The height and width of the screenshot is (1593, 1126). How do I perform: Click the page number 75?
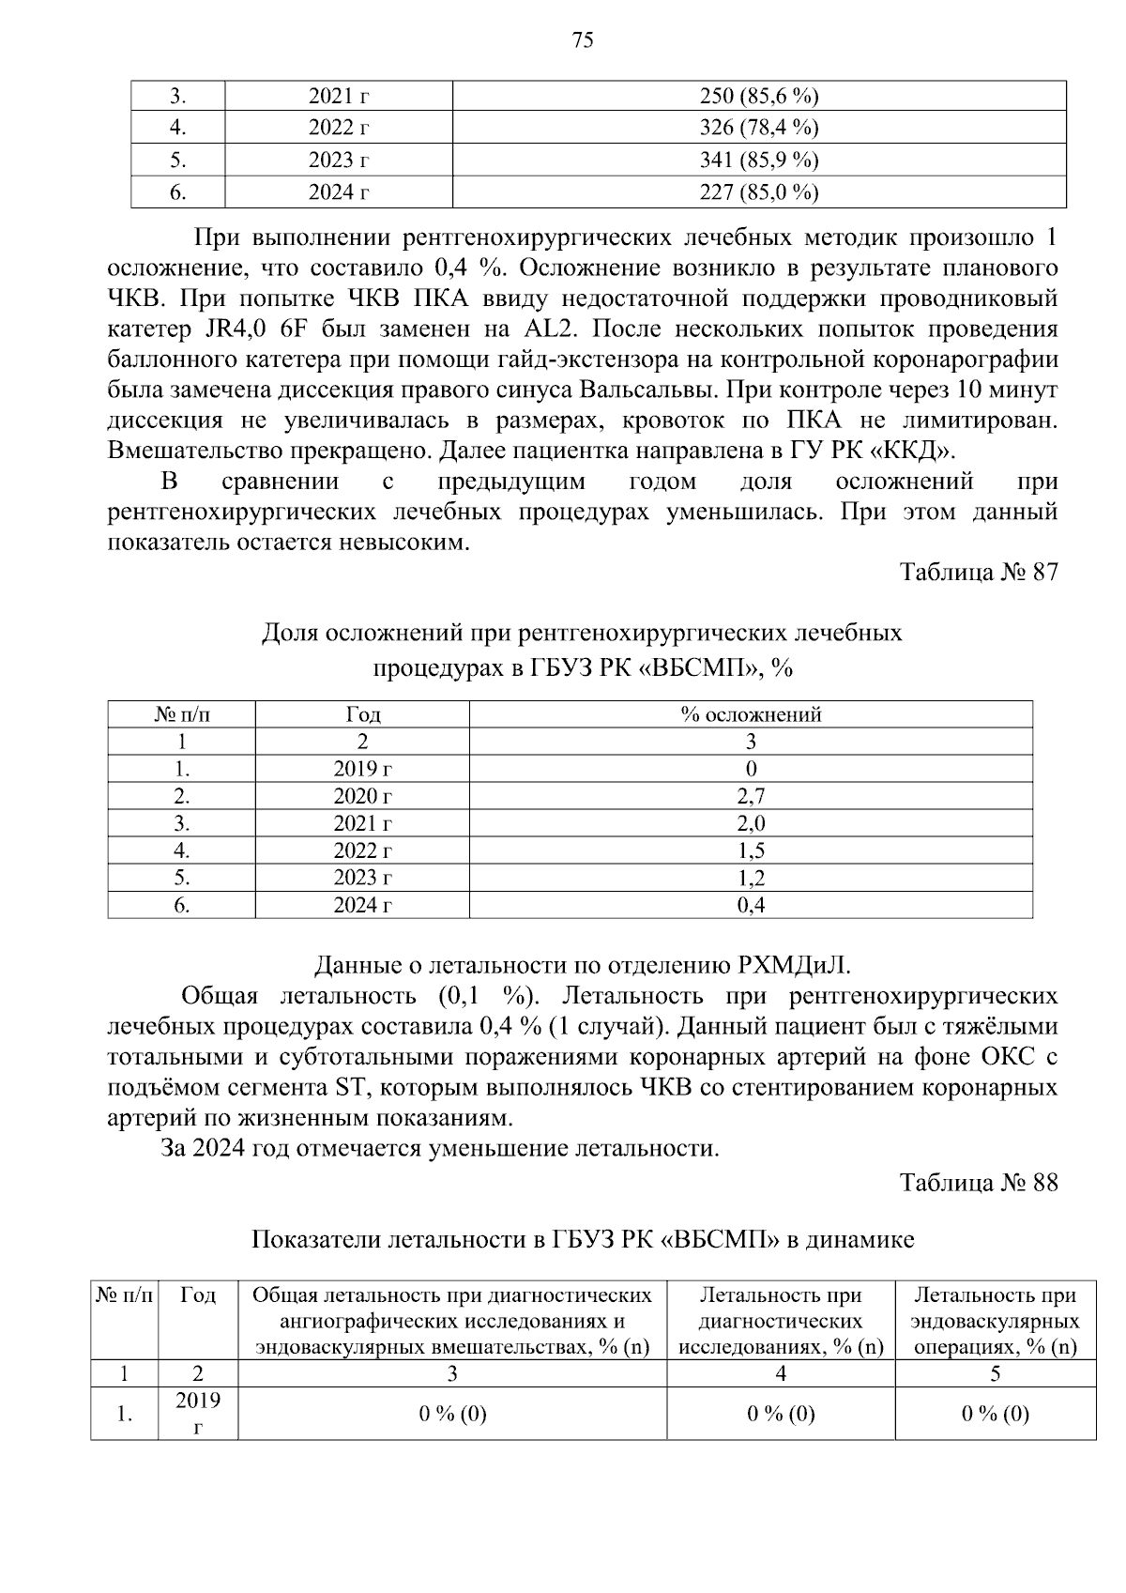[x=582, y=39]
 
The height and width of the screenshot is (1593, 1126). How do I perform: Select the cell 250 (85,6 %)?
[x=759, y=97]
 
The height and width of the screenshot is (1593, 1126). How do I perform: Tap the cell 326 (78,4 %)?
[x=759, y=129]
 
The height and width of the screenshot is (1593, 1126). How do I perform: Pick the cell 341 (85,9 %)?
[x=759, y=161]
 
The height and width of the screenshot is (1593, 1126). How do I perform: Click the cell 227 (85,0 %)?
[x=759, y=192]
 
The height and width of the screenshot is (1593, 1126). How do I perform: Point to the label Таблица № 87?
[x=979, y=573]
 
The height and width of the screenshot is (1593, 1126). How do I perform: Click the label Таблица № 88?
[x=979, y=1183]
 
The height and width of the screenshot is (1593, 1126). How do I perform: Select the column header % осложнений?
[x=751, y=714]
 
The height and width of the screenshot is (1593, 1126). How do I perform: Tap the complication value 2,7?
[x=751, y=796]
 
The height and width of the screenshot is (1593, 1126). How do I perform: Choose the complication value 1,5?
[x=751, y=850]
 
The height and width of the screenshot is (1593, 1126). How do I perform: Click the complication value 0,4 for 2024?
[x=751, y=905]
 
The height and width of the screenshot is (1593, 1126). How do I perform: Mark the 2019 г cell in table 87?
[x=362, y=769]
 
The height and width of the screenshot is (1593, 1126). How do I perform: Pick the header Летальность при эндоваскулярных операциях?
[x=995, y=1321]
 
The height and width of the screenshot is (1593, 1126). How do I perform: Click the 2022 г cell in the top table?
[x=338, y=129]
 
